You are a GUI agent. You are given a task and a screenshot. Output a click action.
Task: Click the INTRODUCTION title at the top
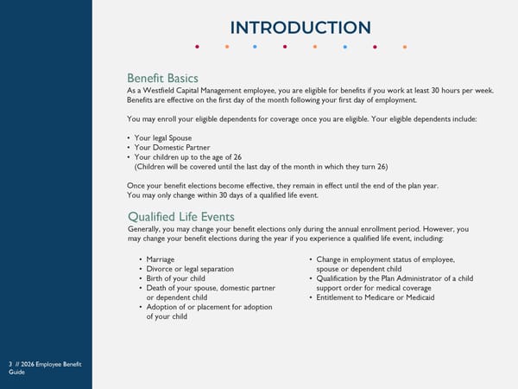[x=300, y=28]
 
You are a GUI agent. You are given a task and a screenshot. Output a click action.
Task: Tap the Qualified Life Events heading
[x=180, y=216]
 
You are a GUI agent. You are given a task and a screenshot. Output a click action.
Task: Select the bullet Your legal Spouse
[x=163, y=137]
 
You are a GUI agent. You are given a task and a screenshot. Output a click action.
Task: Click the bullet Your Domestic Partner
[x=173, y=147]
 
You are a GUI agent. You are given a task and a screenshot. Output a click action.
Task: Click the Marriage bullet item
[x=161, y=259]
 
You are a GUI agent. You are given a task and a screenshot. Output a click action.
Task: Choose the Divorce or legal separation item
[x=190, y=269]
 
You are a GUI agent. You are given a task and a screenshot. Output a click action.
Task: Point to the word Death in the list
[x=156, y=288]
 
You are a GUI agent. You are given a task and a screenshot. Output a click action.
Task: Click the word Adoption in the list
[x=162, y=307]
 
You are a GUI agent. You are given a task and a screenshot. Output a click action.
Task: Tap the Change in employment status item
[x=385, y=259]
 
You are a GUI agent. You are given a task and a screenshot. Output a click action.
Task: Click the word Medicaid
[x=417, y=297]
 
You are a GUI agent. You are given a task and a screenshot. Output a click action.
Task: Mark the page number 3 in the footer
[x=9, y=365]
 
